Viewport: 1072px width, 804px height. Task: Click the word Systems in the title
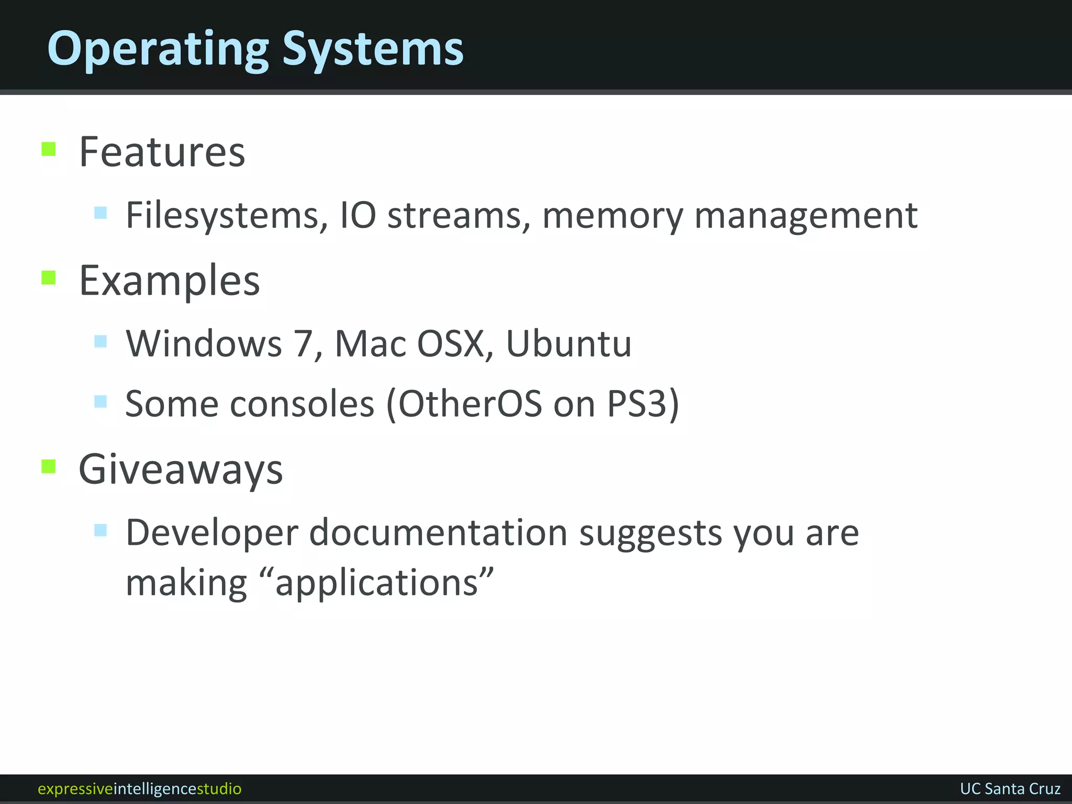click(x=373, y=49)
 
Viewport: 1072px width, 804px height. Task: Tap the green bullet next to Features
click(x=49, y=149)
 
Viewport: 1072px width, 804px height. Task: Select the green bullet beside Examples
click(x=49, y=277)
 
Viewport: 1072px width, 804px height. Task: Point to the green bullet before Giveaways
click(x=49, y=466)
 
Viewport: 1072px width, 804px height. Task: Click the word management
click(x=806, y=216)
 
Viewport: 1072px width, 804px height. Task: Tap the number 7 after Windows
click(x=304, y=344)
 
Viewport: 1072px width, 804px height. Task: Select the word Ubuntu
click(x=569, y=344)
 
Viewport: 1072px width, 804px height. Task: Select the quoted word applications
click(x=377, y=583)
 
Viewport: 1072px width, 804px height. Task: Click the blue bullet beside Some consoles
click(x=100, y=401)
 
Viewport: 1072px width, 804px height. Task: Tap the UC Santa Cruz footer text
click(x=1010, y=789)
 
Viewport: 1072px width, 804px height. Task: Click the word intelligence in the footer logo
click(x=155, y=789)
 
